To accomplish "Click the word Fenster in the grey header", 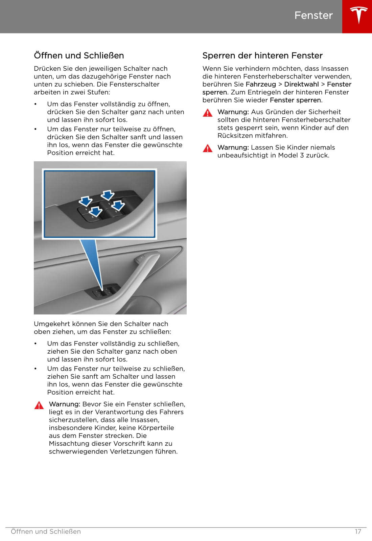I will click(x=313, y=15).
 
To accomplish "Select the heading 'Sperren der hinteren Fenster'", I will click(x=262, y=55).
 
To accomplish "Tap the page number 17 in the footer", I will click(x=358, y=532).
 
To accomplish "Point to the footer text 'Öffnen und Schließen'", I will click(x=46, y=532).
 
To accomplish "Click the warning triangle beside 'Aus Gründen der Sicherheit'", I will click(x=208, y=113).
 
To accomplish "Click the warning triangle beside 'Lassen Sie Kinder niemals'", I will click(x=208, y=148).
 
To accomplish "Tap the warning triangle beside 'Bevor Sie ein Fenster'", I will click(x=39, y=405).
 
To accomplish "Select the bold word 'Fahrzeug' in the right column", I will click(x=261, y=84).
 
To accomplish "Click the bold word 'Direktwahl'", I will click(x=301, y=84).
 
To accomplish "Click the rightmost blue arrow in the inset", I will click(x=118, y=205).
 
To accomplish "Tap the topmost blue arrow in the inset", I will click(x=108, y=195).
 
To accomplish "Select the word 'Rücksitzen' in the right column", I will click(x=234, y=136).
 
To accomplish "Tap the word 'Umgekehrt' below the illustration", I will click(x=48, y=324).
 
